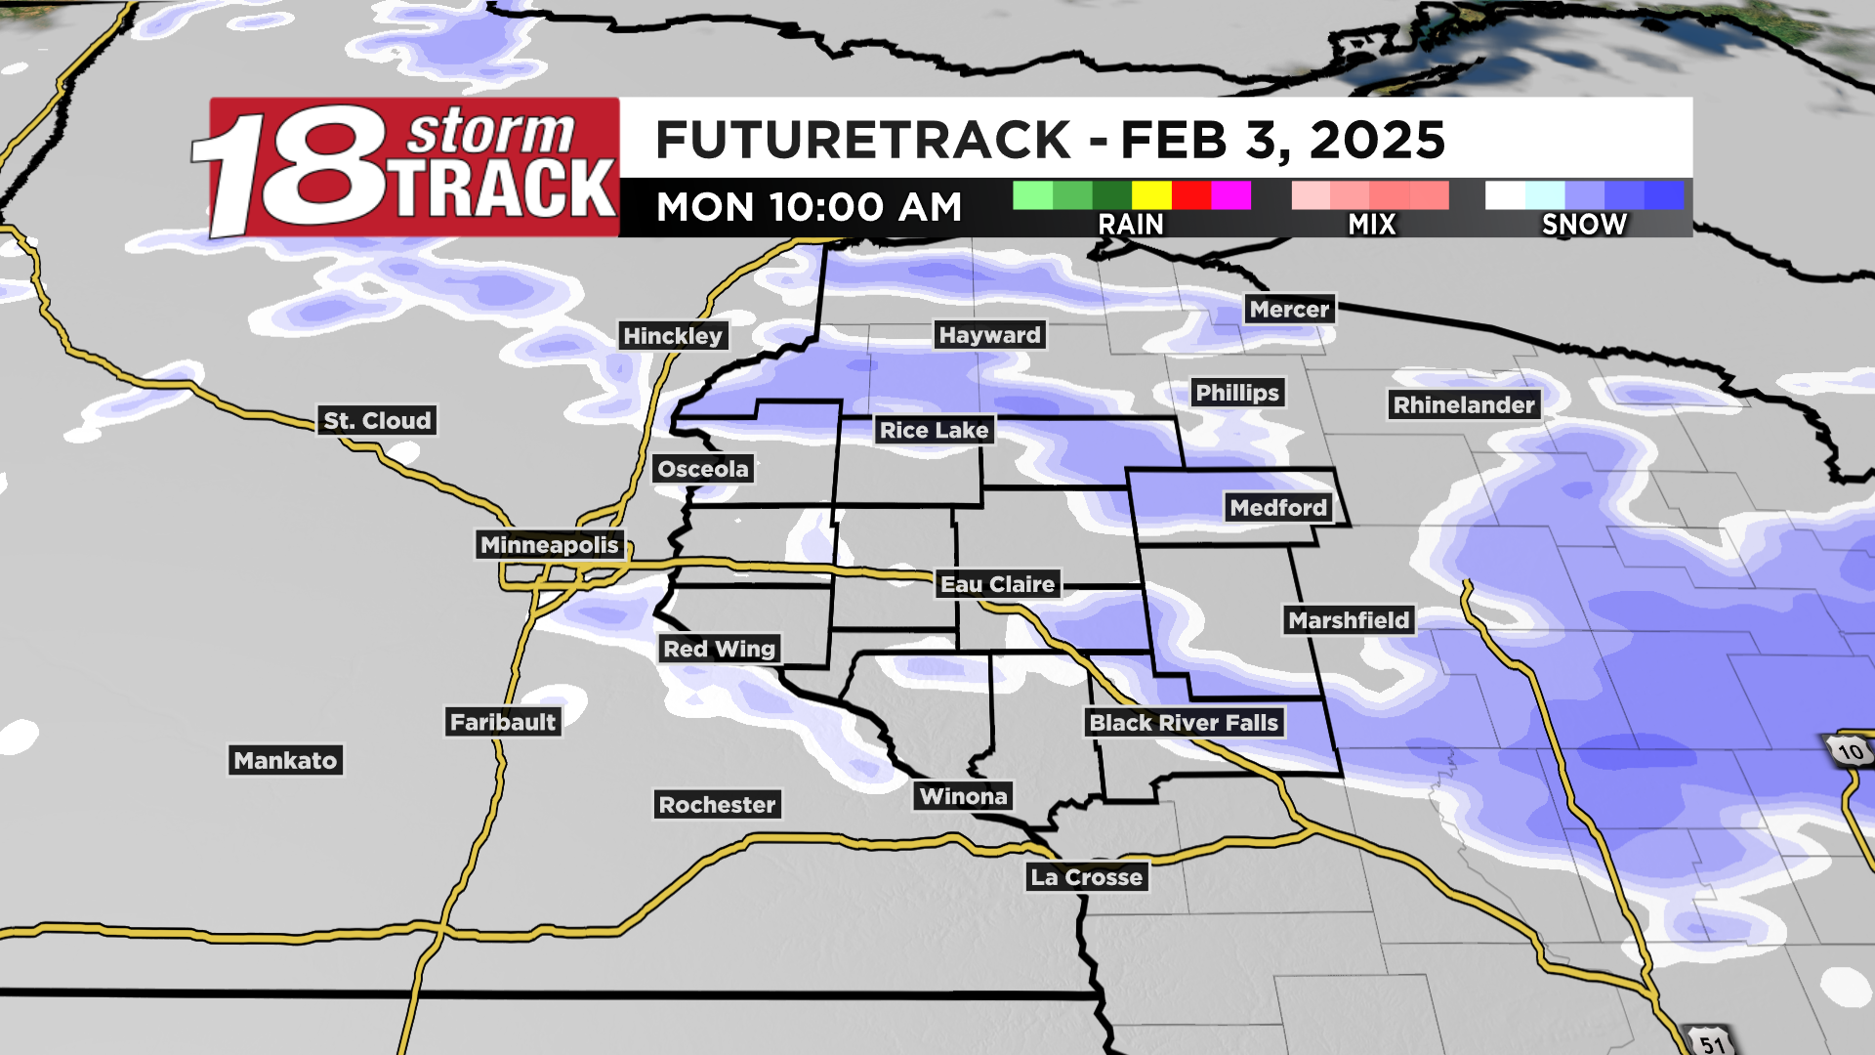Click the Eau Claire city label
(997, 584)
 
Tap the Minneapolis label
(550, 545)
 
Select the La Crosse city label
(1086, 877)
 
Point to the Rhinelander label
(1464, 405)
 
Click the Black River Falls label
(1183, 723)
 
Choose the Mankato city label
(285, 761)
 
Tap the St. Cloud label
(377, 421)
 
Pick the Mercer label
(1289, 310)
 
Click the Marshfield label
(1349, 620)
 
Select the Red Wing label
(719, 649)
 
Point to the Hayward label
(989, 335)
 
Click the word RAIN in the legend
(1131, 225)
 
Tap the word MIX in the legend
(1372, 225)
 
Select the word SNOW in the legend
(1584, 225)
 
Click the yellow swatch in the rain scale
(1151, 195)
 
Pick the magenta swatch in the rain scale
(1230, 195)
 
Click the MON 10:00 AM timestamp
(809, 207)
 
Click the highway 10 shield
(1850, 751)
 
